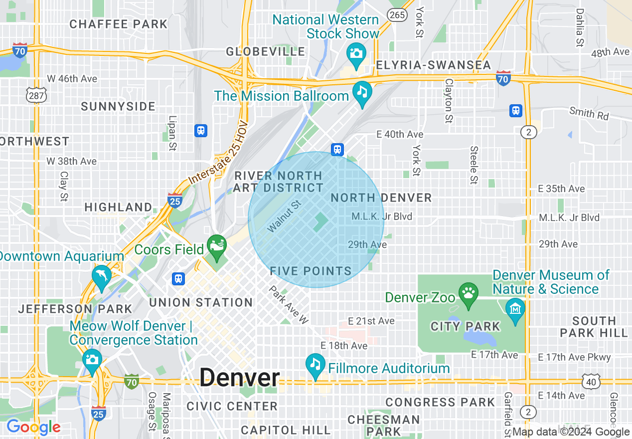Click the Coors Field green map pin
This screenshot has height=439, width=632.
click(217, 247)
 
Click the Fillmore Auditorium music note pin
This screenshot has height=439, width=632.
click(315, 366)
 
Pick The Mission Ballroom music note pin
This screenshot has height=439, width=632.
click(362, 93)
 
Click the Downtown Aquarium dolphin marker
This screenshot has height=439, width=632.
click(101, 277)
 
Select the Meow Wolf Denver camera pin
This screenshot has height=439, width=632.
click(92, 361)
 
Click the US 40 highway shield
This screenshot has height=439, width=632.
click(591, 382)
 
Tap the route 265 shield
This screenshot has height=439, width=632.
click(397, 15)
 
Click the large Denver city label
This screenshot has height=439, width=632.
click(240, 378)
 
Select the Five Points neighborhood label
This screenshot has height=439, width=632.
click(311, 271)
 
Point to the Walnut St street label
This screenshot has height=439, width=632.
click(285, 217)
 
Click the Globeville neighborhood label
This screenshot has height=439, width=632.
click(265, 51)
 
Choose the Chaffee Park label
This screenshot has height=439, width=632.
click(119, 24)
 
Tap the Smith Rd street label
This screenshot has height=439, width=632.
click(589, 113)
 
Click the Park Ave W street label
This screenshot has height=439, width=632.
click(289, 305)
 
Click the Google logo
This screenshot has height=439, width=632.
click(33, 427)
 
